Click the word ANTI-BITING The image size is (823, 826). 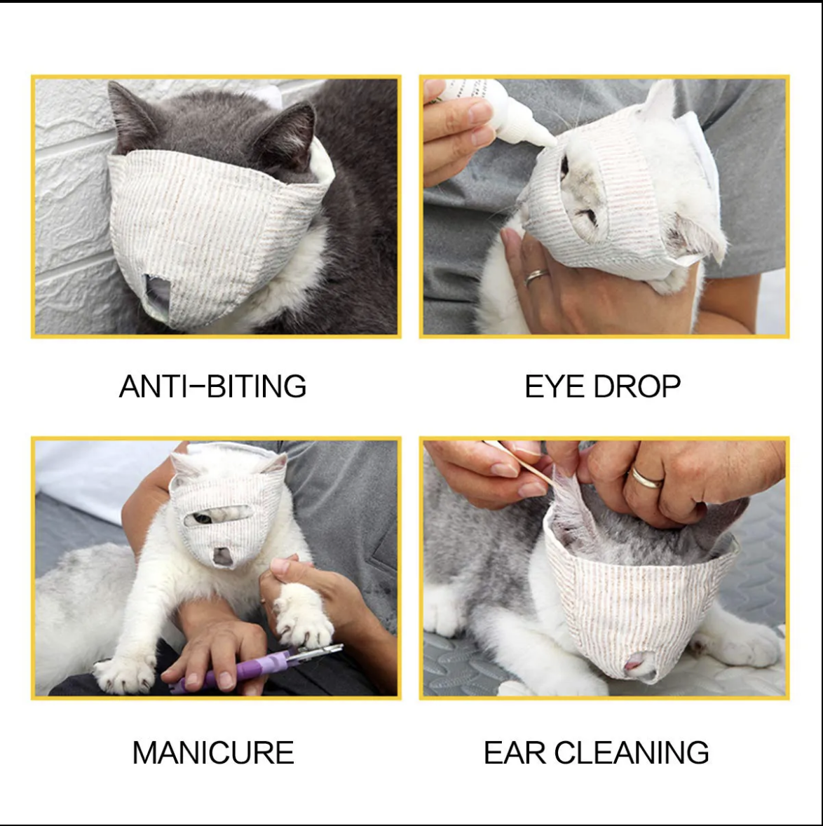tap(212, 386)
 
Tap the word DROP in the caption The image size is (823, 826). tap(637, 386)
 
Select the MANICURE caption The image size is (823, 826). tap(212, 752)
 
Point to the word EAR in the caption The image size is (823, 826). tap(515, 752)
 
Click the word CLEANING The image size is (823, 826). tap(632, 752)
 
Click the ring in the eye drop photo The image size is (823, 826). tap(536, 276)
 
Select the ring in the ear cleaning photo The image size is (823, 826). tap(646, 478)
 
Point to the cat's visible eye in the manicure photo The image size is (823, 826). tap(202, 519)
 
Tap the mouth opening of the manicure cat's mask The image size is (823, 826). tap(222, 556)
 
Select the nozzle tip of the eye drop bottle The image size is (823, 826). tap(552, 141)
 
